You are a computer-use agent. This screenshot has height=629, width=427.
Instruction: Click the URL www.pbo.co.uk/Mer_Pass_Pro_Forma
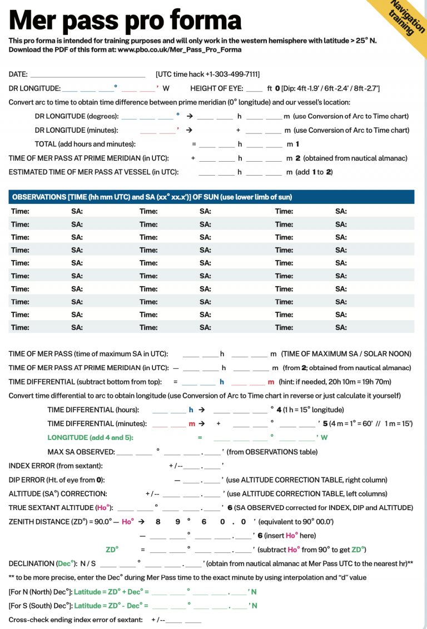[x=180, y=49]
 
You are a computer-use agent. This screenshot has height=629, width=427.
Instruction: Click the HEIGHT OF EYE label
[x=216, y=88]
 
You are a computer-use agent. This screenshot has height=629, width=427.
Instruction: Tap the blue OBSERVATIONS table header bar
[x=211, y=197]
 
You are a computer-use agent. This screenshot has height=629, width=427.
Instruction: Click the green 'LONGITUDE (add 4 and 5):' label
[x=91, y=437]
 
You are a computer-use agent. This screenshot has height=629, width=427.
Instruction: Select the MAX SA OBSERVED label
[x=80, y=452]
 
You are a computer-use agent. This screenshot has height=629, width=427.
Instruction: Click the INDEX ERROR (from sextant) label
[x=56, y=466]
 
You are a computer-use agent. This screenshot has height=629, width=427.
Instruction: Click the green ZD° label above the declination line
[x=112, y=550]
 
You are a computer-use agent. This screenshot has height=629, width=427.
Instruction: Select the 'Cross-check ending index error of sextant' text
[x=76, y=620]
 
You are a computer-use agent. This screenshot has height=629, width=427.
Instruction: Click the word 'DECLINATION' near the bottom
[x=32, y=563]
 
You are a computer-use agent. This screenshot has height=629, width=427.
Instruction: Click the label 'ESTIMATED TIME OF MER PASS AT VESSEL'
[x=93, y=172]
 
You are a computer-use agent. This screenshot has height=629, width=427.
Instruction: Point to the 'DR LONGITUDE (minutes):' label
[x=76, y=130]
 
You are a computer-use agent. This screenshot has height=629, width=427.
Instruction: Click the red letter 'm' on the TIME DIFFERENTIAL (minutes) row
[x=192, y=423]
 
